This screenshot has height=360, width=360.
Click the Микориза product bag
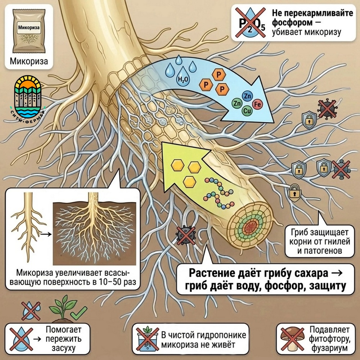(29, 31)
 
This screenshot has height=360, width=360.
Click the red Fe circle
(257, 104)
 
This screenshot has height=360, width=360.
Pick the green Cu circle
(247, 111)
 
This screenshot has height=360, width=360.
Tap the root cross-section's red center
(250, 227)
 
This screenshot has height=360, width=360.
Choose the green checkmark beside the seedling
(79, 313)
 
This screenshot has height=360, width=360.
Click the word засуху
(64, 348)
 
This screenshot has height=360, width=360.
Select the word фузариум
(329, 348)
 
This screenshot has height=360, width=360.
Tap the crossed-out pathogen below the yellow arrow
(186, 235)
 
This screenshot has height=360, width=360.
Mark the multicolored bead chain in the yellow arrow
(219, 193)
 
